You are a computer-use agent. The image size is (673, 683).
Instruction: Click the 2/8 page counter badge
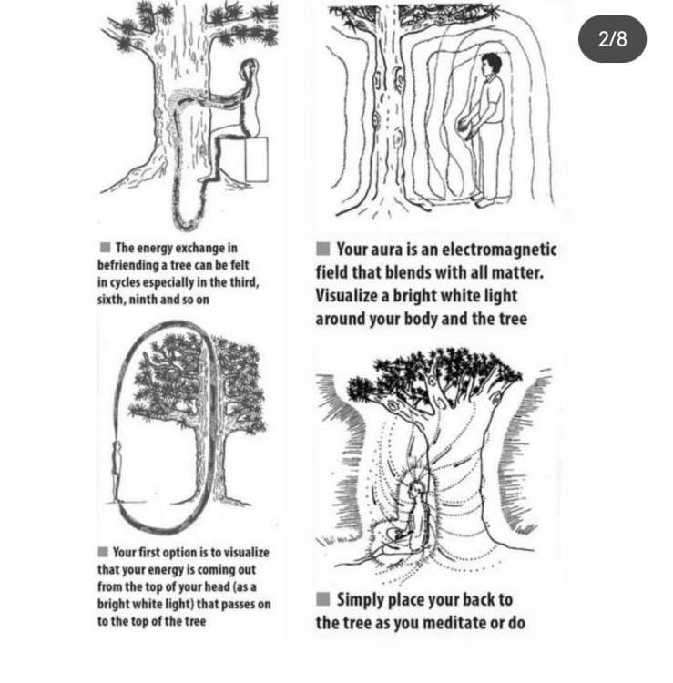612,39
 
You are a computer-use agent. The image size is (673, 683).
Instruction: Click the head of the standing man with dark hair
492,64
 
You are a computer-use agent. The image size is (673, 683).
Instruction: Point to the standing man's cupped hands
465,127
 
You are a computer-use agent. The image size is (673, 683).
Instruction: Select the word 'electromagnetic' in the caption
499,250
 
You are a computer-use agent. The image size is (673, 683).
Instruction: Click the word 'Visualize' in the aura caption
346,296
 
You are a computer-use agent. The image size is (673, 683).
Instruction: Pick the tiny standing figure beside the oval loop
117,472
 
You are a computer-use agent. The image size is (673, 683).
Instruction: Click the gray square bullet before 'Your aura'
322,249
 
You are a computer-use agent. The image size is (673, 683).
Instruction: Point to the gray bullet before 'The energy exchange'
105,248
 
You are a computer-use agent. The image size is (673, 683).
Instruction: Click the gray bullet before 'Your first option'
103,552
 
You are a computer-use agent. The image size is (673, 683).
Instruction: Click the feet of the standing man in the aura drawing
484,201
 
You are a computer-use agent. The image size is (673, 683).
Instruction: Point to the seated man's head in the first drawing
250,67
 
